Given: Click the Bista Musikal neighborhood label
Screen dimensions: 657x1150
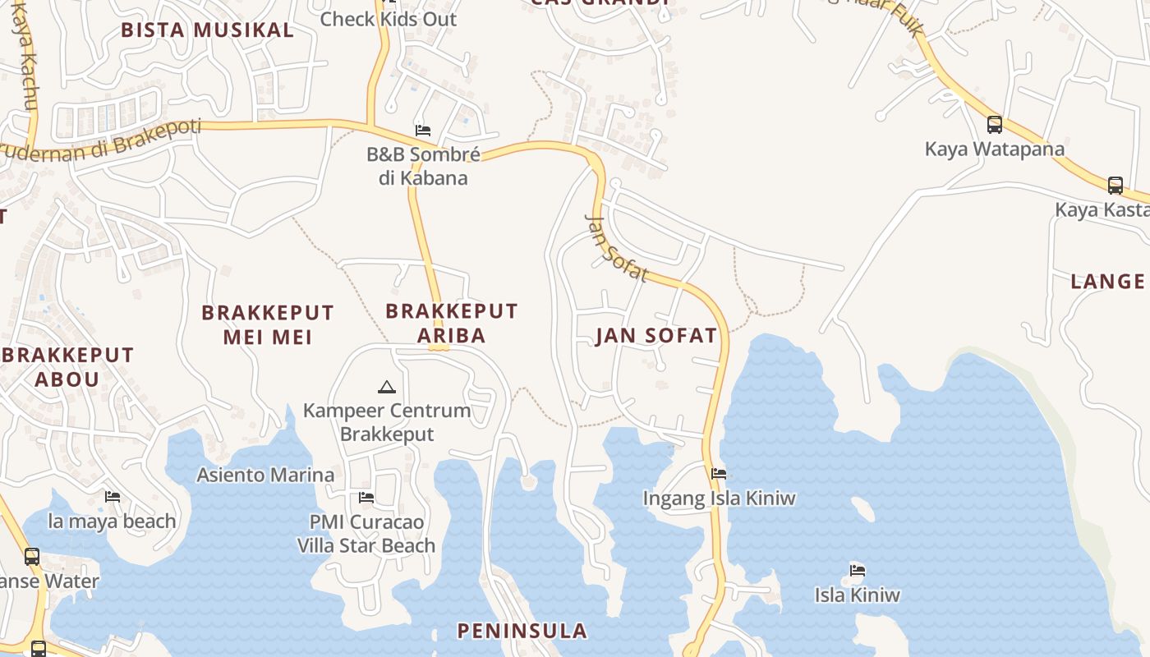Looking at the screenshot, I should coord(207,30).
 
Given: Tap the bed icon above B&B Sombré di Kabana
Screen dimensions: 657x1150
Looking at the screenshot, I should coord(423,131).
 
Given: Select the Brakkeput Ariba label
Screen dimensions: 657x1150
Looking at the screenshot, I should coord(451,323).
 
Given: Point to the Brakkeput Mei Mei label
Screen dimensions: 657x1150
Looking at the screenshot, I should coord(268,324).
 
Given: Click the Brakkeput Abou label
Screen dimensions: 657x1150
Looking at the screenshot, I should coord(67,367).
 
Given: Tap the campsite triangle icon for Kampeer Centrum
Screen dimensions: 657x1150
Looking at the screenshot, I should coord(386,387).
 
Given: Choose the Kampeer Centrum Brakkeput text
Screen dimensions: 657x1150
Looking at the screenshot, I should coord(387,422).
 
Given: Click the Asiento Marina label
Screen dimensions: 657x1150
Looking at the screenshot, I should coord(265,475).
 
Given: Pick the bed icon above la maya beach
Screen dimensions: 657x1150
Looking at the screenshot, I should coord(113,497).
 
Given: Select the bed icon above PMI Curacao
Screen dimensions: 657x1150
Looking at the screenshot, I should coord(366,498).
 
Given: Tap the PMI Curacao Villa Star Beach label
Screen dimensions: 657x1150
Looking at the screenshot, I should coord(366,534).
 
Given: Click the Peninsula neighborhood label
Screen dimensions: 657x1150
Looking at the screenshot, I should coord(522,631).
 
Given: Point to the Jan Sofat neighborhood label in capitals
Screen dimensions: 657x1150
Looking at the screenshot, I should coord(656,335).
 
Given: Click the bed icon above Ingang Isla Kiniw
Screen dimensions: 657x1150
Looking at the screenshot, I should coord(719,474).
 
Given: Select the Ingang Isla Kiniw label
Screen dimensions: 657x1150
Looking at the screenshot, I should coord(719,498).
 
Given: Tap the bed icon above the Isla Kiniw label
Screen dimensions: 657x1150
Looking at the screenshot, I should coord(857,570).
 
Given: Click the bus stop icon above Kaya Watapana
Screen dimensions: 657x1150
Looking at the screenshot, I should coord(994,125).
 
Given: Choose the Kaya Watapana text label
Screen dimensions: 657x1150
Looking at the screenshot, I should coord(994,149).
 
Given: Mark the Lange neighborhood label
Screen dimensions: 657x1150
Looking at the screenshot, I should coord(1107,282).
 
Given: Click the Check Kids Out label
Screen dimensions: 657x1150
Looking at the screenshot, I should coord(388,19).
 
